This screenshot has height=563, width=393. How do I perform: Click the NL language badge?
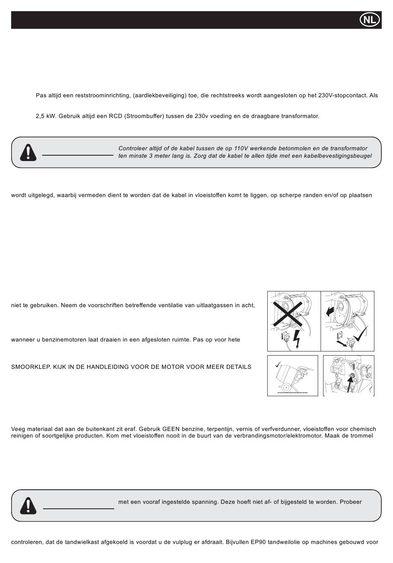coord(369,20)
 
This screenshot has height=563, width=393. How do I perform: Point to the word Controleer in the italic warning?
coord(133,148)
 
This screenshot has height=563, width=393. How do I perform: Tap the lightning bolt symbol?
coord(296,339)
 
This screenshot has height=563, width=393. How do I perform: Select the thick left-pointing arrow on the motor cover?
coord(331,311)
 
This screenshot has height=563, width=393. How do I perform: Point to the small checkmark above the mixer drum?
coord(278,364)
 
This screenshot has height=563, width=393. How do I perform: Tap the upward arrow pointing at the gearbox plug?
coord(351,385)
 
